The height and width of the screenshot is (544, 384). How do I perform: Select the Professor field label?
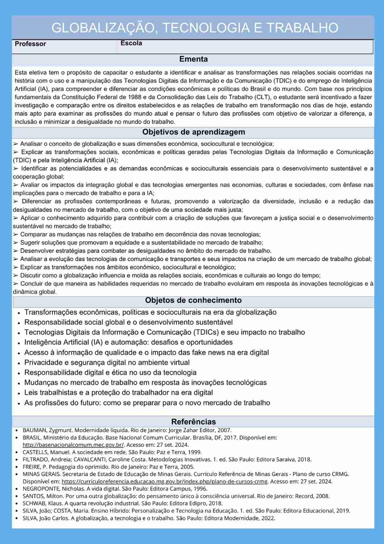(30, 44)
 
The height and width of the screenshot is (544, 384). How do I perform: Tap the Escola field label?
(131, 43)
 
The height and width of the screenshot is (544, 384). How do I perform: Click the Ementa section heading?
(193, 59)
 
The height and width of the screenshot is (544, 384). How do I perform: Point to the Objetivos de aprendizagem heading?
(193, 132)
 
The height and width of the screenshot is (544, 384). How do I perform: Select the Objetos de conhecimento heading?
(193, 300)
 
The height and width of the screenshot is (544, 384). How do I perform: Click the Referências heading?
(193, 422)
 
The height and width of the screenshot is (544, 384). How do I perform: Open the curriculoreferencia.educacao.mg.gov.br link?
(164, 482)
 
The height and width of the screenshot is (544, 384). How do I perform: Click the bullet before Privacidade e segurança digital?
(18, 363)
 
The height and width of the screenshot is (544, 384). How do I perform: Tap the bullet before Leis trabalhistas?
(18, 393)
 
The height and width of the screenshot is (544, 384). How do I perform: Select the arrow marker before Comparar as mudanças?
(16, 235)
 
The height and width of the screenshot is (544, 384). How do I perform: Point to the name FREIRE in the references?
(31, 467)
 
